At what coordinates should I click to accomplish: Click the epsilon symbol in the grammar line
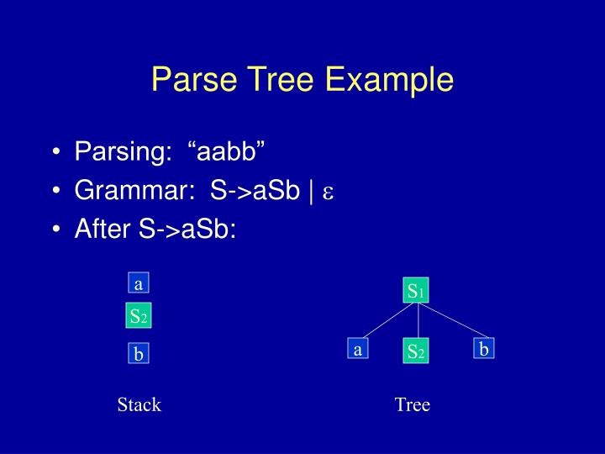point(329,193)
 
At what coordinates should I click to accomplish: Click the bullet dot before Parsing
point(56,154)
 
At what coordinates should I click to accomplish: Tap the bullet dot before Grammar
point(56,192)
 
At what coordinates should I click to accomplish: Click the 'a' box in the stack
point(138,283)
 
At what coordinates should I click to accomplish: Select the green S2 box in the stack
point(138,317)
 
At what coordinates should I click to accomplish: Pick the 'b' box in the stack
point(138,355)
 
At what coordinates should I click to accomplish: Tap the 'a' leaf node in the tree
point(357,350)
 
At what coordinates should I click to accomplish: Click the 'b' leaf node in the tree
point(483,348)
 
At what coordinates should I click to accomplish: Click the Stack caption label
point(139,405)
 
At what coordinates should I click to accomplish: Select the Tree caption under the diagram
point(412,405)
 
